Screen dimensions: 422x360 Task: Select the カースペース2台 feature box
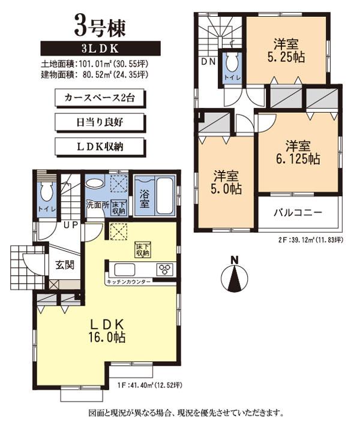100,97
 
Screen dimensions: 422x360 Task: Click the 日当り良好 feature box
100,121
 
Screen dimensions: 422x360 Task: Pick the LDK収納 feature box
100,146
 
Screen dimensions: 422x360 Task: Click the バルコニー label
298,212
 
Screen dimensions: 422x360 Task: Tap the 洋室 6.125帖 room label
298,152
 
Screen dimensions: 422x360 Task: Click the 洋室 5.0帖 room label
227,182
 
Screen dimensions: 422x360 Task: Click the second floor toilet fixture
231,65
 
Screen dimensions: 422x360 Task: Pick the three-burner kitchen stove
165,269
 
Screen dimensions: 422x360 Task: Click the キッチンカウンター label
128,281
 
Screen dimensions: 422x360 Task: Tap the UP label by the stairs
70,225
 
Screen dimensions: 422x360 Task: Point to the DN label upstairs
208,62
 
